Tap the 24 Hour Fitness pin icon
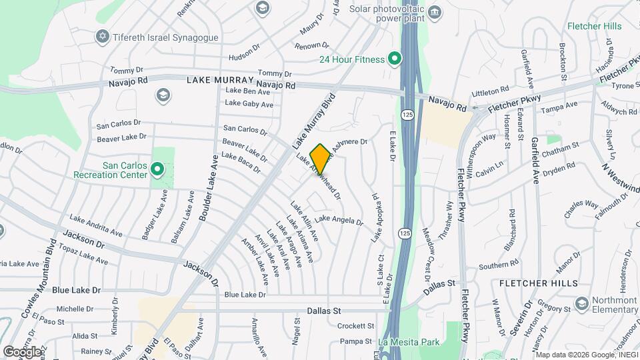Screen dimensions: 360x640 pos(394,59)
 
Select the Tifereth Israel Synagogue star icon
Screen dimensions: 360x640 pos(102,37)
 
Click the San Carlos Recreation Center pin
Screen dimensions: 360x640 pos(157,171)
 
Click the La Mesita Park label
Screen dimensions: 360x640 pos(409,342)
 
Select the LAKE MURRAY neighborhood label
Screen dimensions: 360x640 pos(218,80)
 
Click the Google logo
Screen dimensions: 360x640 pos(22,351)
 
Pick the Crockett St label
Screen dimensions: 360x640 pos(355,326)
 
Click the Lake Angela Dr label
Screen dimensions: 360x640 pos(339,219)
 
